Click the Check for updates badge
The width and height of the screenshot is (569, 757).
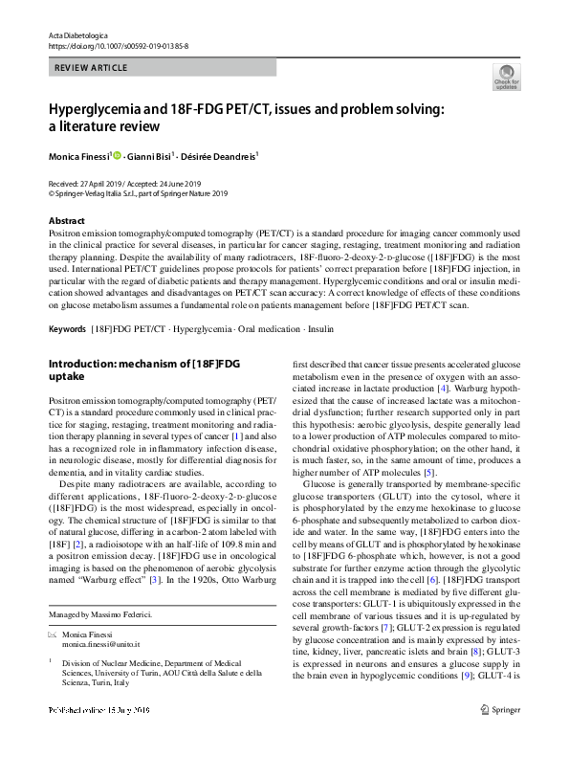(506, 77)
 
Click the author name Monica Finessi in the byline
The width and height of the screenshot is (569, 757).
(81, 155)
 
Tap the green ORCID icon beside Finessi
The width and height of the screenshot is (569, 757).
(119, 154)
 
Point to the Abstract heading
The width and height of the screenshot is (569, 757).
(66, 220)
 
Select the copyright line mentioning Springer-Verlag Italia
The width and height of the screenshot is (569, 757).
(139, 191)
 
